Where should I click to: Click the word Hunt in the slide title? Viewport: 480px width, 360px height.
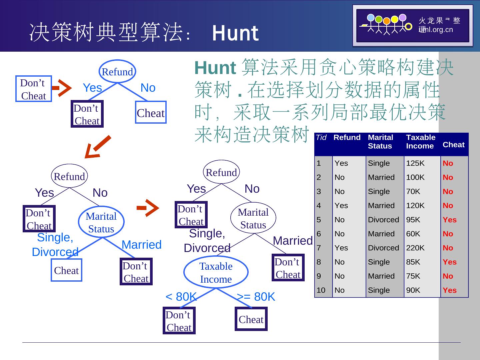pos(235,33)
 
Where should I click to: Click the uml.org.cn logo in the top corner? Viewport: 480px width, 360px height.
pos(413,25)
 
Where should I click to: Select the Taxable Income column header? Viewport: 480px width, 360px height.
pos(421,142)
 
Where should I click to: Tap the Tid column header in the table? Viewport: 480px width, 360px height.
pos(321,138)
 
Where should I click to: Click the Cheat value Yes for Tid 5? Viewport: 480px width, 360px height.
pos(449,220)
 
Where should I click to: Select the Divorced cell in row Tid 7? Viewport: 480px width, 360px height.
pos(383,248)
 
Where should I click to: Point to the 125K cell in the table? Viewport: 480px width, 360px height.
pos(415,163)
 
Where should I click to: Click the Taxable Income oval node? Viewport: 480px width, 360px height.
pos(216,272)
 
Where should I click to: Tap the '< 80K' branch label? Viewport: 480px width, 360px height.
pos(181,297)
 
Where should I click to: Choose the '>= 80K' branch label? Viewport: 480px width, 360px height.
pos(256,297)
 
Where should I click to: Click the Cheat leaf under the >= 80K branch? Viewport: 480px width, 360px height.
pos(251,319)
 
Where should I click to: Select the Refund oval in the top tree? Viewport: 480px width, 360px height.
pos(117,72)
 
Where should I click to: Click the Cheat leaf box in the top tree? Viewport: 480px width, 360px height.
pos(151,113)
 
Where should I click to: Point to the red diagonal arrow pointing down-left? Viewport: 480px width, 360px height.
pos(97,147)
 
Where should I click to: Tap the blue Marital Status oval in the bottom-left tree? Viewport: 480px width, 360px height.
pos(101,222)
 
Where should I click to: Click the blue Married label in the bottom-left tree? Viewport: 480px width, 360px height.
pos(141,245)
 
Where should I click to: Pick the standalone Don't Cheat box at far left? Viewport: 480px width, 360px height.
pos(33,89)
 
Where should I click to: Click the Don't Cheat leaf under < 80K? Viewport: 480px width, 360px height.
pos(179,321)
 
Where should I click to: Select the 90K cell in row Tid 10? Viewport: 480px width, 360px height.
pos(413,290)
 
